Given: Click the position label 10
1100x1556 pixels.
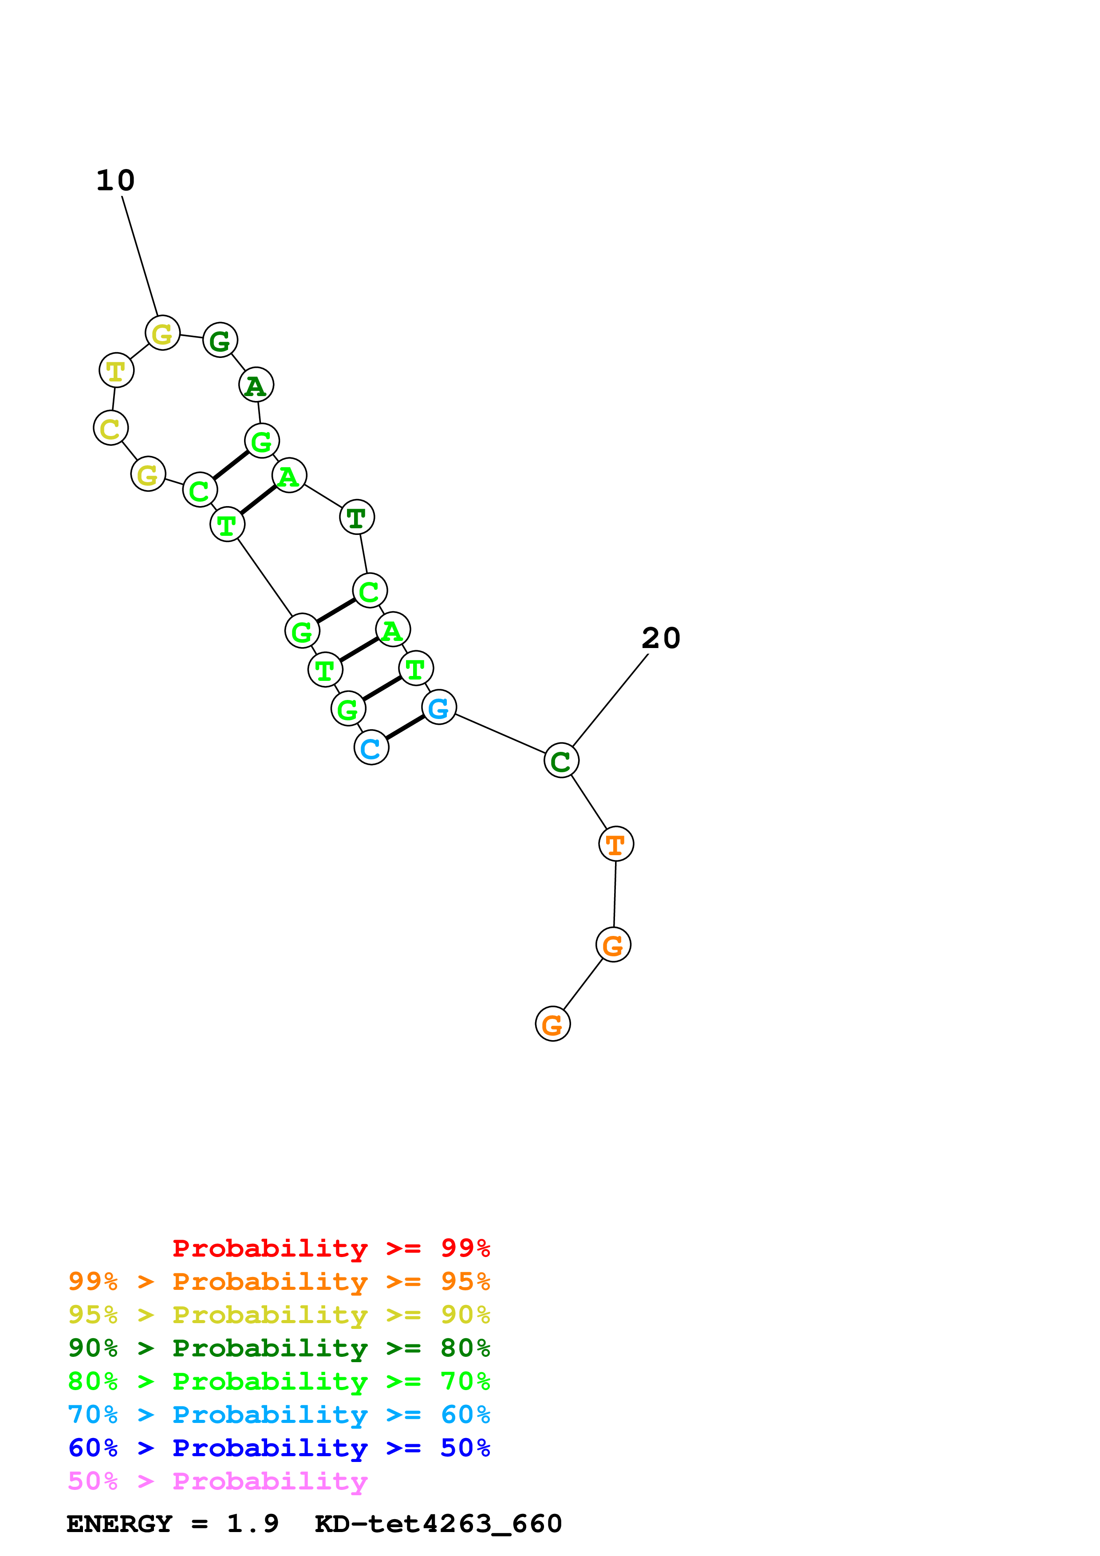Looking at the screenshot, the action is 115,181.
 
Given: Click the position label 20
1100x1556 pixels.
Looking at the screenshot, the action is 660,638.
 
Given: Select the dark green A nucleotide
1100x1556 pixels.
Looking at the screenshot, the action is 256,385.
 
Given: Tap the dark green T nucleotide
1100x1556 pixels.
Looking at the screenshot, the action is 356,518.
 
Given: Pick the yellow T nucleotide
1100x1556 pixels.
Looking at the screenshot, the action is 117,371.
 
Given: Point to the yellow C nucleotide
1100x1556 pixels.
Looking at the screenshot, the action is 111,428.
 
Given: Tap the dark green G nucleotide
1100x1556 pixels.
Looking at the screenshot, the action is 220,340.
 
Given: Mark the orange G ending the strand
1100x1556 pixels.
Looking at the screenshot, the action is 553,1024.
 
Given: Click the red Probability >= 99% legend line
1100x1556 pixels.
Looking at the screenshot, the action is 331,1248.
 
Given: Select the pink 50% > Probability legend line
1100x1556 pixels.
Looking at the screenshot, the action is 217,1481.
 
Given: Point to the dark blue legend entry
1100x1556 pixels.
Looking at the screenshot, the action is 279,1448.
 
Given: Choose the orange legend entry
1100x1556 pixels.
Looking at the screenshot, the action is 279,1281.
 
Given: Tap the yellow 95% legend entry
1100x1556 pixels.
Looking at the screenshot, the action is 279,1315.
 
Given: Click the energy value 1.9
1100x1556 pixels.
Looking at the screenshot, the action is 252,1524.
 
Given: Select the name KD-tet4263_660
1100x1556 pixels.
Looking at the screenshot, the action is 438,1524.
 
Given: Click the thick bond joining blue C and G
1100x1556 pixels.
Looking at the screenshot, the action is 405,728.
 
